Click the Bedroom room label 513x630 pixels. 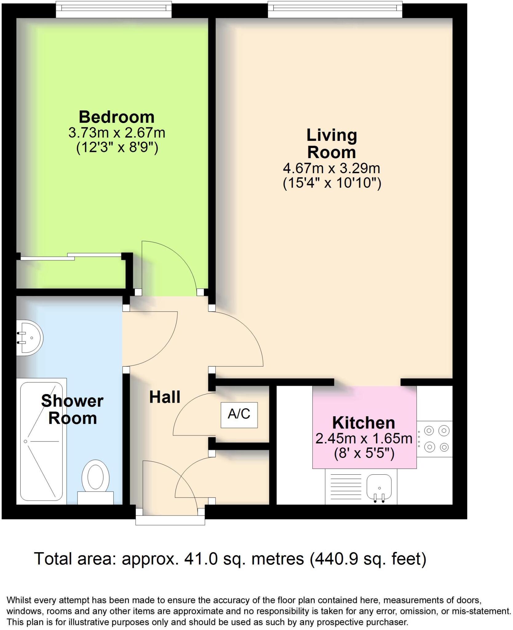click(x=116, y=117)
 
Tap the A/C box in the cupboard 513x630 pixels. click(x=239, y=414)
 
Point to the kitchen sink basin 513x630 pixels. click(x=379, y=487)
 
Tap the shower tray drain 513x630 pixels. click(x=26, y=441)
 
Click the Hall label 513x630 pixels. click(x=165, y=397)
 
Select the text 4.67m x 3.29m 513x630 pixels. click(x=331, y=168)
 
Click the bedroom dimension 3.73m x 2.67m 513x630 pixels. click(x=116, y=133)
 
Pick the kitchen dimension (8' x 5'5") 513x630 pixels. click(x=364, y=453)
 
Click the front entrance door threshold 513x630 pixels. click(x=170, y=520)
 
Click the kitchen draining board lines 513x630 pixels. click(x=346, y=487)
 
